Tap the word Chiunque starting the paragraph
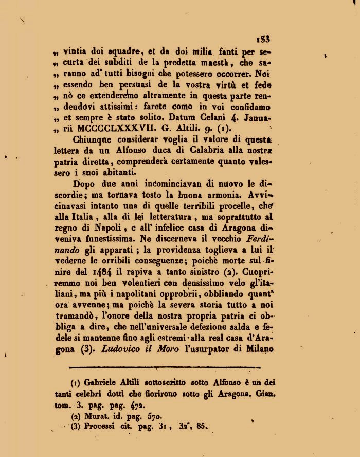tap(91, 139)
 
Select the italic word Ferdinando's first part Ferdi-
tap(257, 239)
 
